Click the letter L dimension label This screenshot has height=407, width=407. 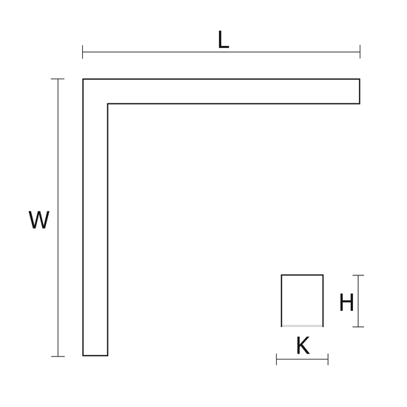point(223,40)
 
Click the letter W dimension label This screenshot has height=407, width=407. point(39,220)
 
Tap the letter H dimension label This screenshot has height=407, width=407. point(346,302)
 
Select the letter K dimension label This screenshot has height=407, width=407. point(303,346)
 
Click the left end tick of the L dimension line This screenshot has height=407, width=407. point(83,52)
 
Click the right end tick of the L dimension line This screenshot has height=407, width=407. point(360,52)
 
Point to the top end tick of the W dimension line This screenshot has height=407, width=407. point(58,78)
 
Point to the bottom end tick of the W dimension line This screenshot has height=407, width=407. point(58,357)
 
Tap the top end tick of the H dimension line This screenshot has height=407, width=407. point(358,275)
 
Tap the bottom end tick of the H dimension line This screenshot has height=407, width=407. point(358,327)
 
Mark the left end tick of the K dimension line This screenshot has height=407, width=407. point(277,359)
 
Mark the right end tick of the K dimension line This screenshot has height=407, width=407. point(328,359)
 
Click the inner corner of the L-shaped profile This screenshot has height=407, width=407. point(108,104)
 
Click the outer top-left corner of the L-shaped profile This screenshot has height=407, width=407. point(83,79)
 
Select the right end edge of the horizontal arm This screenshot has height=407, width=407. point(360,91)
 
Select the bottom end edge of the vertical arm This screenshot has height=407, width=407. point(95,355)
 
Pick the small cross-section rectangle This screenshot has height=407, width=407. point(282,300)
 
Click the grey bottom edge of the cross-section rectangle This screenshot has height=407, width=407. point(303,326)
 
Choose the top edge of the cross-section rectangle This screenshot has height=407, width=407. point(303,275)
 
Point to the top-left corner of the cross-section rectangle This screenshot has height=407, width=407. point(282,275)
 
